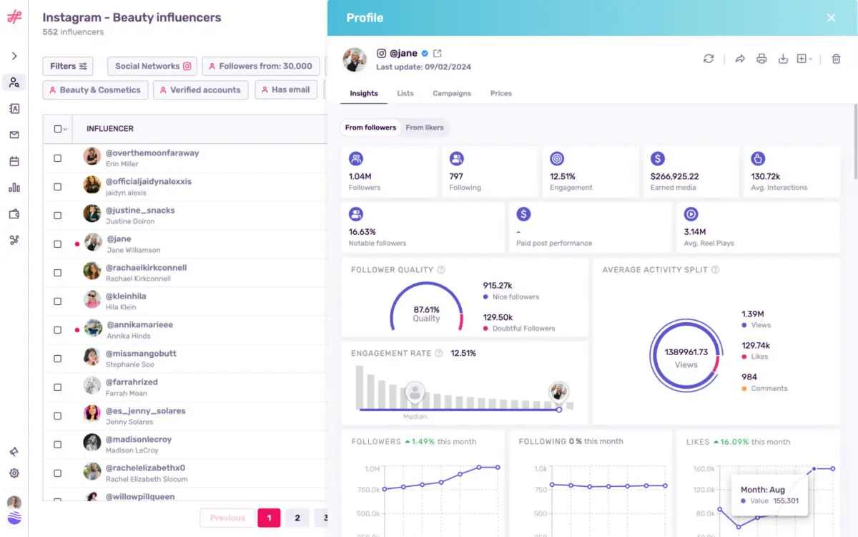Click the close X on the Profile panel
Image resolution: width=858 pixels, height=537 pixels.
click(x=831, y=18)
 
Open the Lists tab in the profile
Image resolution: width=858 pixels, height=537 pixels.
click(x=405, y=93)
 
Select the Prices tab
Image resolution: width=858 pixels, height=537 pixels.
click(x=500, y=93)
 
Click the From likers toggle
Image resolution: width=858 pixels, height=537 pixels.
click(x=425, y=127)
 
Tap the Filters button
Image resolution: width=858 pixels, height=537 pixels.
click(x=69, y=66)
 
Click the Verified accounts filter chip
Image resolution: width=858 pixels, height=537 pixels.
click(x=199, y=90)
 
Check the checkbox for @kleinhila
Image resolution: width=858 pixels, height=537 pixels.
click(x=58, y=301)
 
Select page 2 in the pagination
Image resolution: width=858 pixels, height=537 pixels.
click(x=297, y=518)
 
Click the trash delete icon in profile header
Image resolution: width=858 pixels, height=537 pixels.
click(x=836, y=59)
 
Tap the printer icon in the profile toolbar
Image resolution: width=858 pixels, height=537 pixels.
click(x=761, y=59)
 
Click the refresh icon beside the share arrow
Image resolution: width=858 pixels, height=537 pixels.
click(x=709, y=59)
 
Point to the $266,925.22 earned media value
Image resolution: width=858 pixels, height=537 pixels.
click(x=674, y=176)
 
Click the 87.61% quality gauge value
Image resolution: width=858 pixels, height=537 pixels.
click(x=426, y=309)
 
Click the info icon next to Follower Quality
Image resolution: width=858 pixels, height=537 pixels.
click(x=441, y=270)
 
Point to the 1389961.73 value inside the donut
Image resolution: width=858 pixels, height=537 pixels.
click(x=686, y=352)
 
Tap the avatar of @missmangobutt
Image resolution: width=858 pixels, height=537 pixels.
click(x=92, y=357)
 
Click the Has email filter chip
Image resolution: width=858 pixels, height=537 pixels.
click(x=286, y=90)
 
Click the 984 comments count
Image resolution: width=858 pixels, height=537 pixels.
click(x=749, y=377)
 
